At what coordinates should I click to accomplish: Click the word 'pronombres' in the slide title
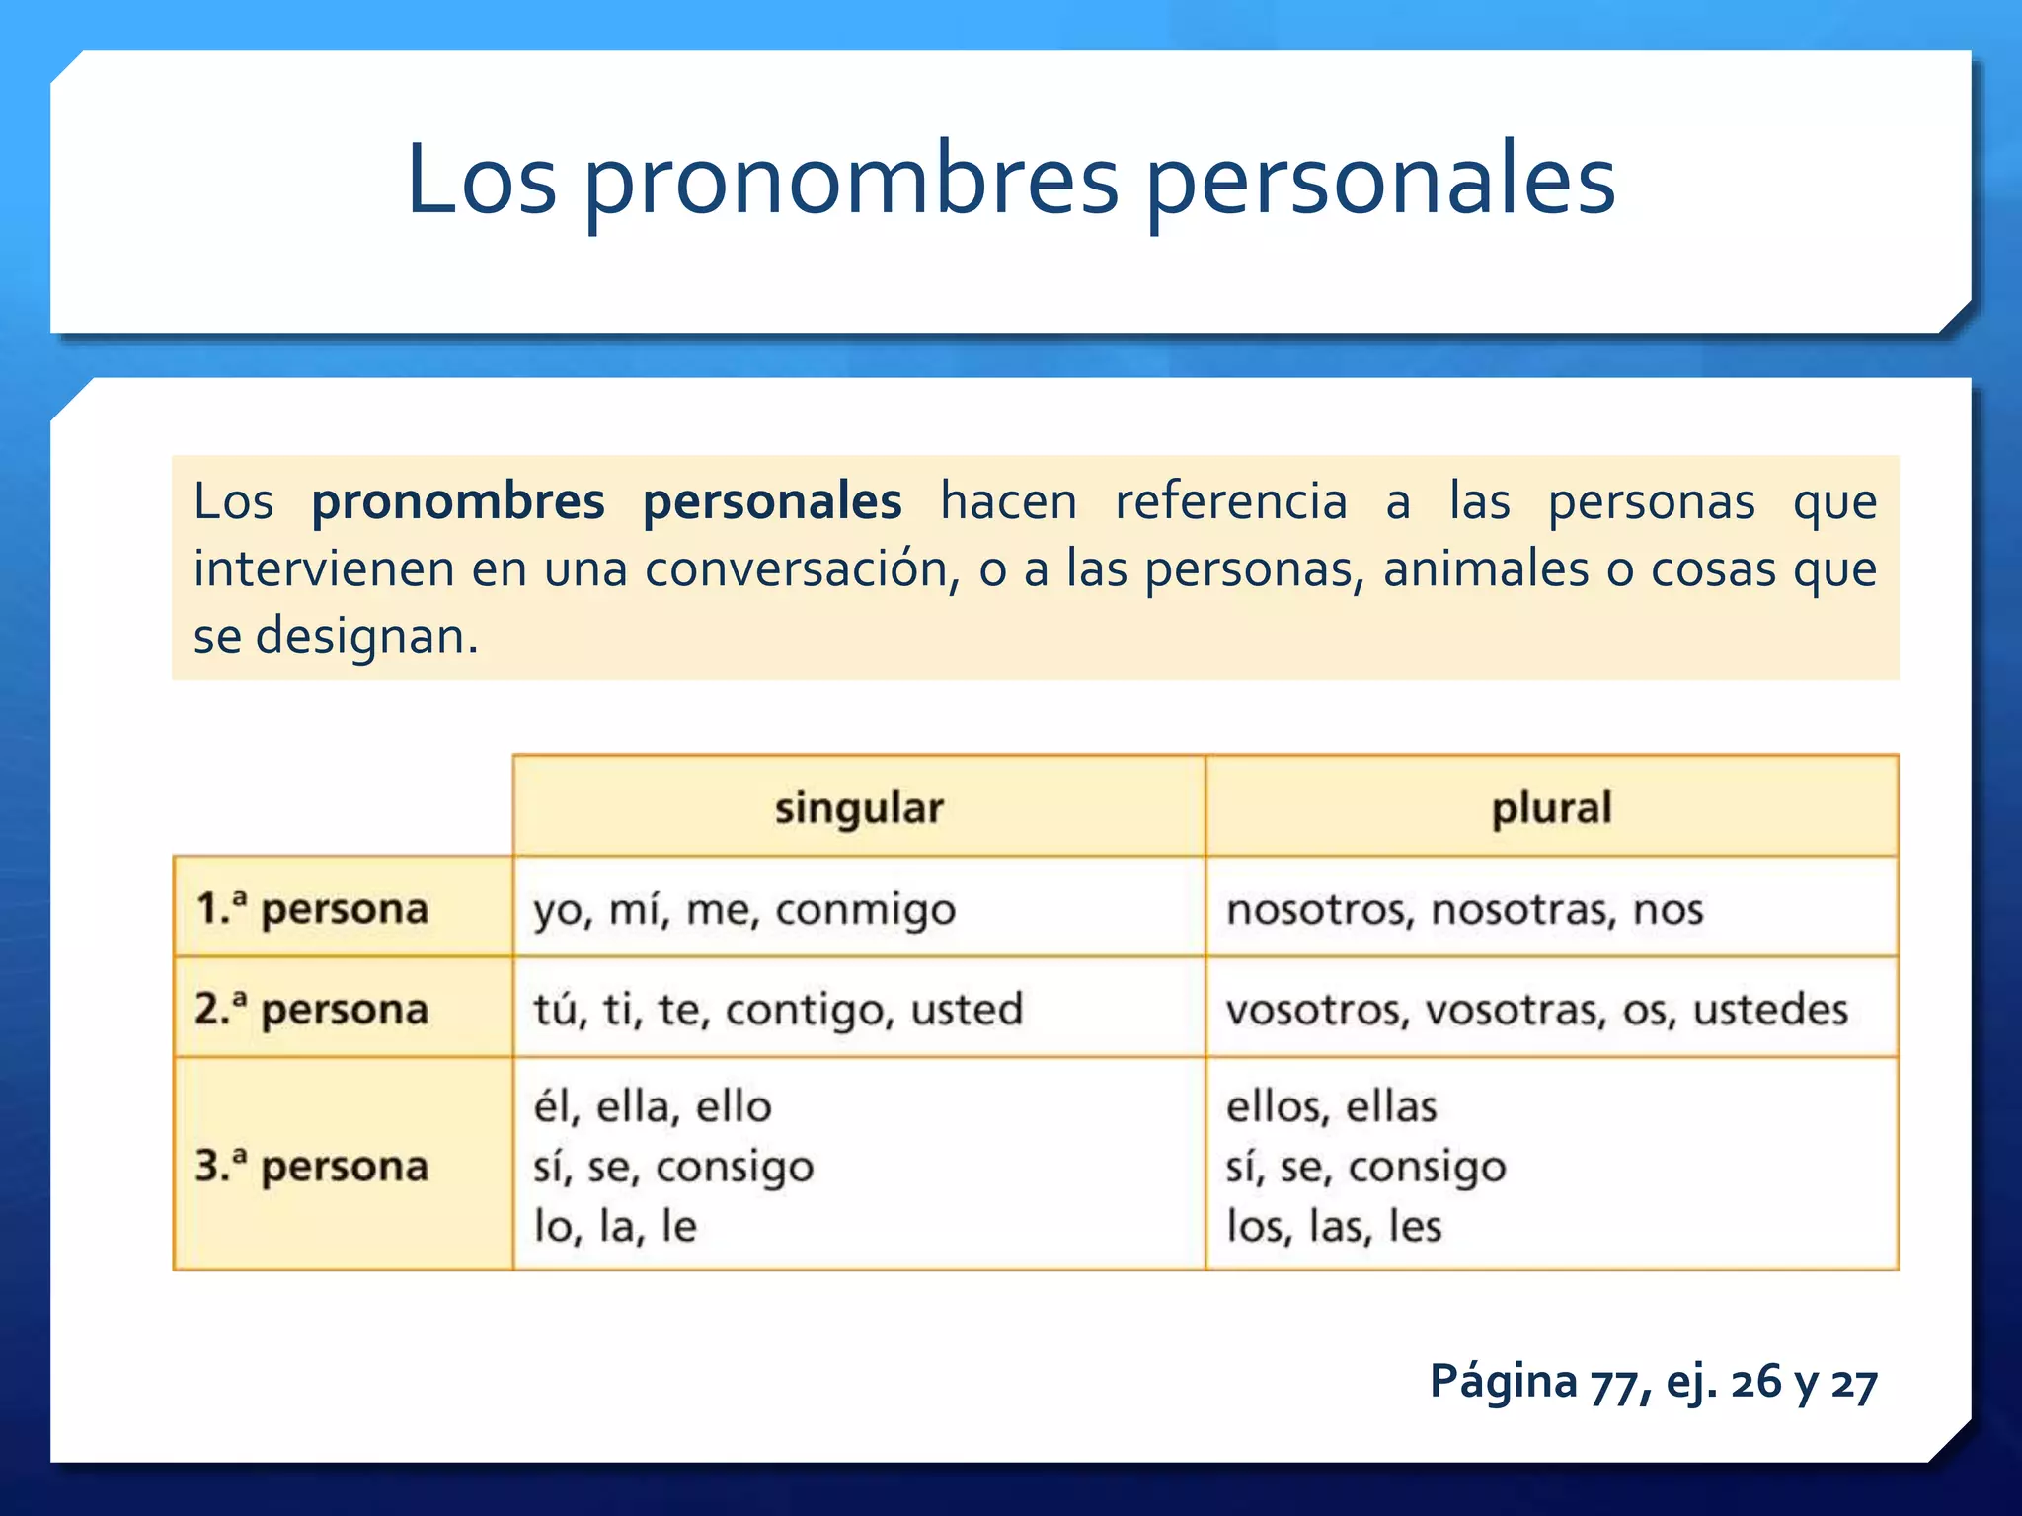click(852, 182)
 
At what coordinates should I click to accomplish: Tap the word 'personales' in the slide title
click(1379, 182)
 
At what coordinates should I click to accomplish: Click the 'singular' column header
click(859, 808)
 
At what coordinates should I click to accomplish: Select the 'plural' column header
click(1551, 808)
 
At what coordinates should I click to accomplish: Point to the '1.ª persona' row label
click(312, 909)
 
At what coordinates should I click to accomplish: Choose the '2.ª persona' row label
click(312, 1010)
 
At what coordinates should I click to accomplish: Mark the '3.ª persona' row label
click(312, 1167)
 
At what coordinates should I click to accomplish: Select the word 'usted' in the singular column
click(967, 1010)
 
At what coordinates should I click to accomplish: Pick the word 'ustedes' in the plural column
click(1770, 1010)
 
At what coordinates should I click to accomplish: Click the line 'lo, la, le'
click(615, 1226)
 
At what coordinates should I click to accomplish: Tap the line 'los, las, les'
click(1334, 1226)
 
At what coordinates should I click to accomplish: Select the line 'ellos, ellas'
click(1331, 1106)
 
